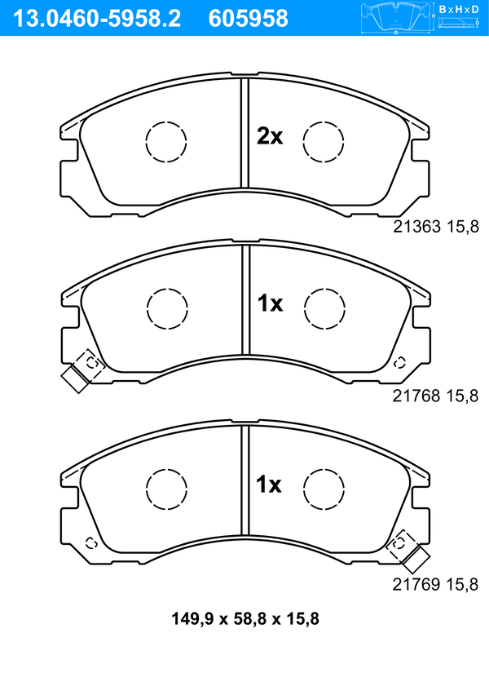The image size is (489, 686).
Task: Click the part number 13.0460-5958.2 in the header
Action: (x=97, y=19)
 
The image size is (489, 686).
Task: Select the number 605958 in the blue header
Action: (x=249, y=19)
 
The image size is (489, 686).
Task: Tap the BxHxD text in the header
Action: (x=459, y=9)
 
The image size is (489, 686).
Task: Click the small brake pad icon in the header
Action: (x=396, y=18)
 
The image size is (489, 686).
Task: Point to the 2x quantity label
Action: (x=270, y=136)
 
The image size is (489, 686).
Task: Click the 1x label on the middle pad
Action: (x=270, y=303)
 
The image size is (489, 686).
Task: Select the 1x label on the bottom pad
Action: (x=268, y=485)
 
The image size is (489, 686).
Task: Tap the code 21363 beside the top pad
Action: (x=417, y=227)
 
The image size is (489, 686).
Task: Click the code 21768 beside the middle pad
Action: (x=416, y=396)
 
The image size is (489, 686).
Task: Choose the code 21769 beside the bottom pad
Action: (x=416, y=584)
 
